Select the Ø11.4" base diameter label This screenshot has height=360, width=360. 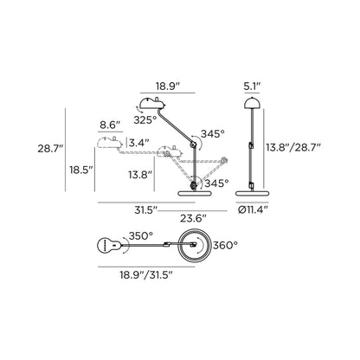tap(254, 209)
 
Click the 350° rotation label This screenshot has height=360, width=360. tap(140, 235)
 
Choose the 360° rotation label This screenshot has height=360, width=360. tap(224, 245)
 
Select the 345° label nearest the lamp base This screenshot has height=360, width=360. tap(218, 183)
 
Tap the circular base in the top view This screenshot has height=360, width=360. tap(193, 247)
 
